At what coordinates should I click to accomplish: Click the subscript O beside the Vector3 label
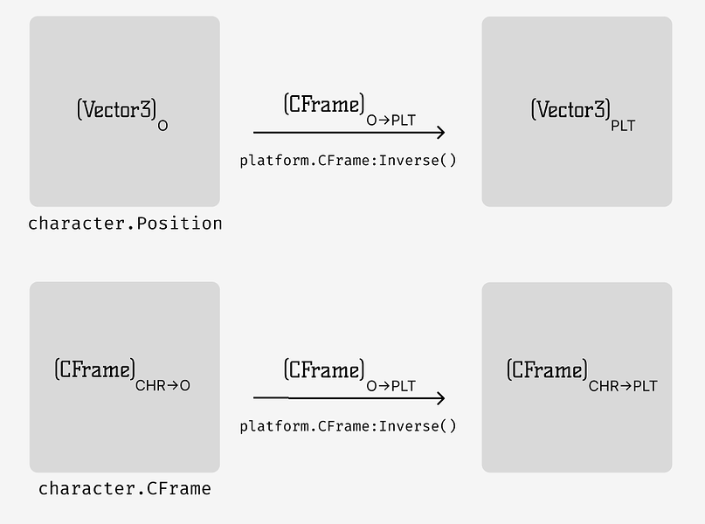click(x=162, y=126)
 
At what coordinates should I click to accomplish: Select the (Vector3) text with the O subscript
click(x=117, y=110)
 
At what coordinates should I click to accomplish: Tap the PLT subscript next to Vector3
click(x=623, y=126)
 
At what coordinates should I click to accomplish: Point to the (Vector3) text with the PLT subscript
click(x=570, y=110)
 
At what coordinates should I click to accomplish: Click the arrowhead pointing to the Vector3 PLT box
click(x=439, y=133)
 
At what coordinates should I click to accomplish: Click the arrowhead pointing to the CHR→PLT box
click(x=439, y=398)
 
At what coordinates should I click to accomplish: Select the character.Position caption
click(x=125, y=224)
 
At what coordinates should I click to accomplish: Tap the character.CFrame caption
click(x=125, y=489)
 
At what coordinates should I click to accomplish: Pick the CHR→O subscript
click(x=162, y=385)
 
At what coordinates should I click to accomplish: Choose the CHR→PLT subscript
click(x=623, y=385)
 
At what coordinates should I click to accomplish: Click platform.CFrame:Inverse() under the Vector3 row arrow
click(x=348, y=161)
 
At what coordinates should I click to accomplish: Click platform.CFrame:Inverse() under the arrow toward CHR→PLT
click(x=348, y=426)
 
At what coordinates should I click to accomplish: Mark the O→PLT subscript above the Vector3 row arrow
click(x=391, y=121)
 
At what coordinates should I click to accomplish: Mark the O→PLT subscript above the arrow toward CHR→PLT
click(x=391, y=385)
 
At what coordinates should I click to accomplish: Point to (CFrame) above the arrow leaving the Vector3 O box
click(x=324, y=105)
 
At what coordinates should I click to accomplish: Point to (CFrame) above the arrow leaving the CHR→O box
click(x=324, y=370)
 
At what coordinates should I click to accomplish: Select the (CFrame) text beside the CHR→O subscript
click(x=94, y=369)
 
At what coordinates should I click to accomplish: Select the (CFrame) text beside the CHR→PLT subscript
click(x=547, y=370)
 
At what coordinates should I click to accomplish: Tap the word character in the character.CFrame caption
click(x=86, y=489)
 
